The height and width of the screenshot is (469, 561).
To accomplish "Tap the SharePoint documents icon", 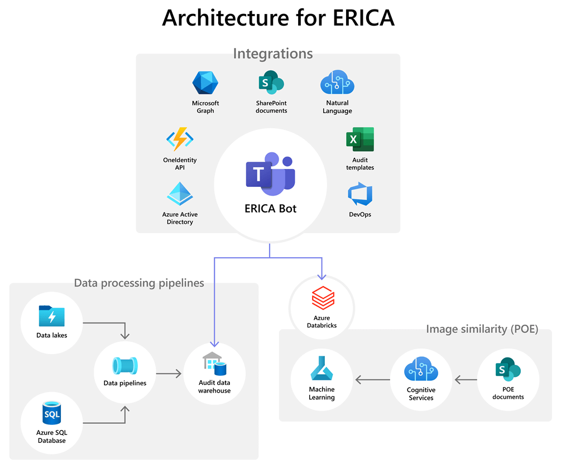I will tap(271, 83).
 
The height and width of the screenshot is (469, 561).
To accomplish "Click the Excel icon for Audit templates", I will tap(359, 139).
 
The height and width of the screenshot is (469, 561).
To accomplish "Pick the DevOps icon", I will tap(359, 195).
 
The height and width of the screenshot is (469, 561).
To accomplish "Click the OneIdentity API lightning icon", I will tap(180, 139).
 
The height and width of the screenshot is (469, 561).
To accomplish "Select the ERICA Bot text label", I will tap(270, 209).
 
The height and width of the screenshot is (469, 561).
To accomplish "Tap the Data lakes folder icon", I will tap(51, 317).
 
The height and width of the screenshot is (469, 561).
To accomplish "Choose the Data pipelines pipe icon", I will tap(124, 365).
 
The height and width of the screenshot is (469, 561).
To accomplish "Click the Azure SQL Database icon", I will tap(51, 414).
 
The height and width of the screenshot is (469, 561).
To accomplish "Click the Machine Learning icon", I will tap(322, 369).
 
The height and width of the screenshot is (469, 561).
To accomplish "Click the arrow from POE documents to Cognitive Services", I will tap(465, 380).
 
